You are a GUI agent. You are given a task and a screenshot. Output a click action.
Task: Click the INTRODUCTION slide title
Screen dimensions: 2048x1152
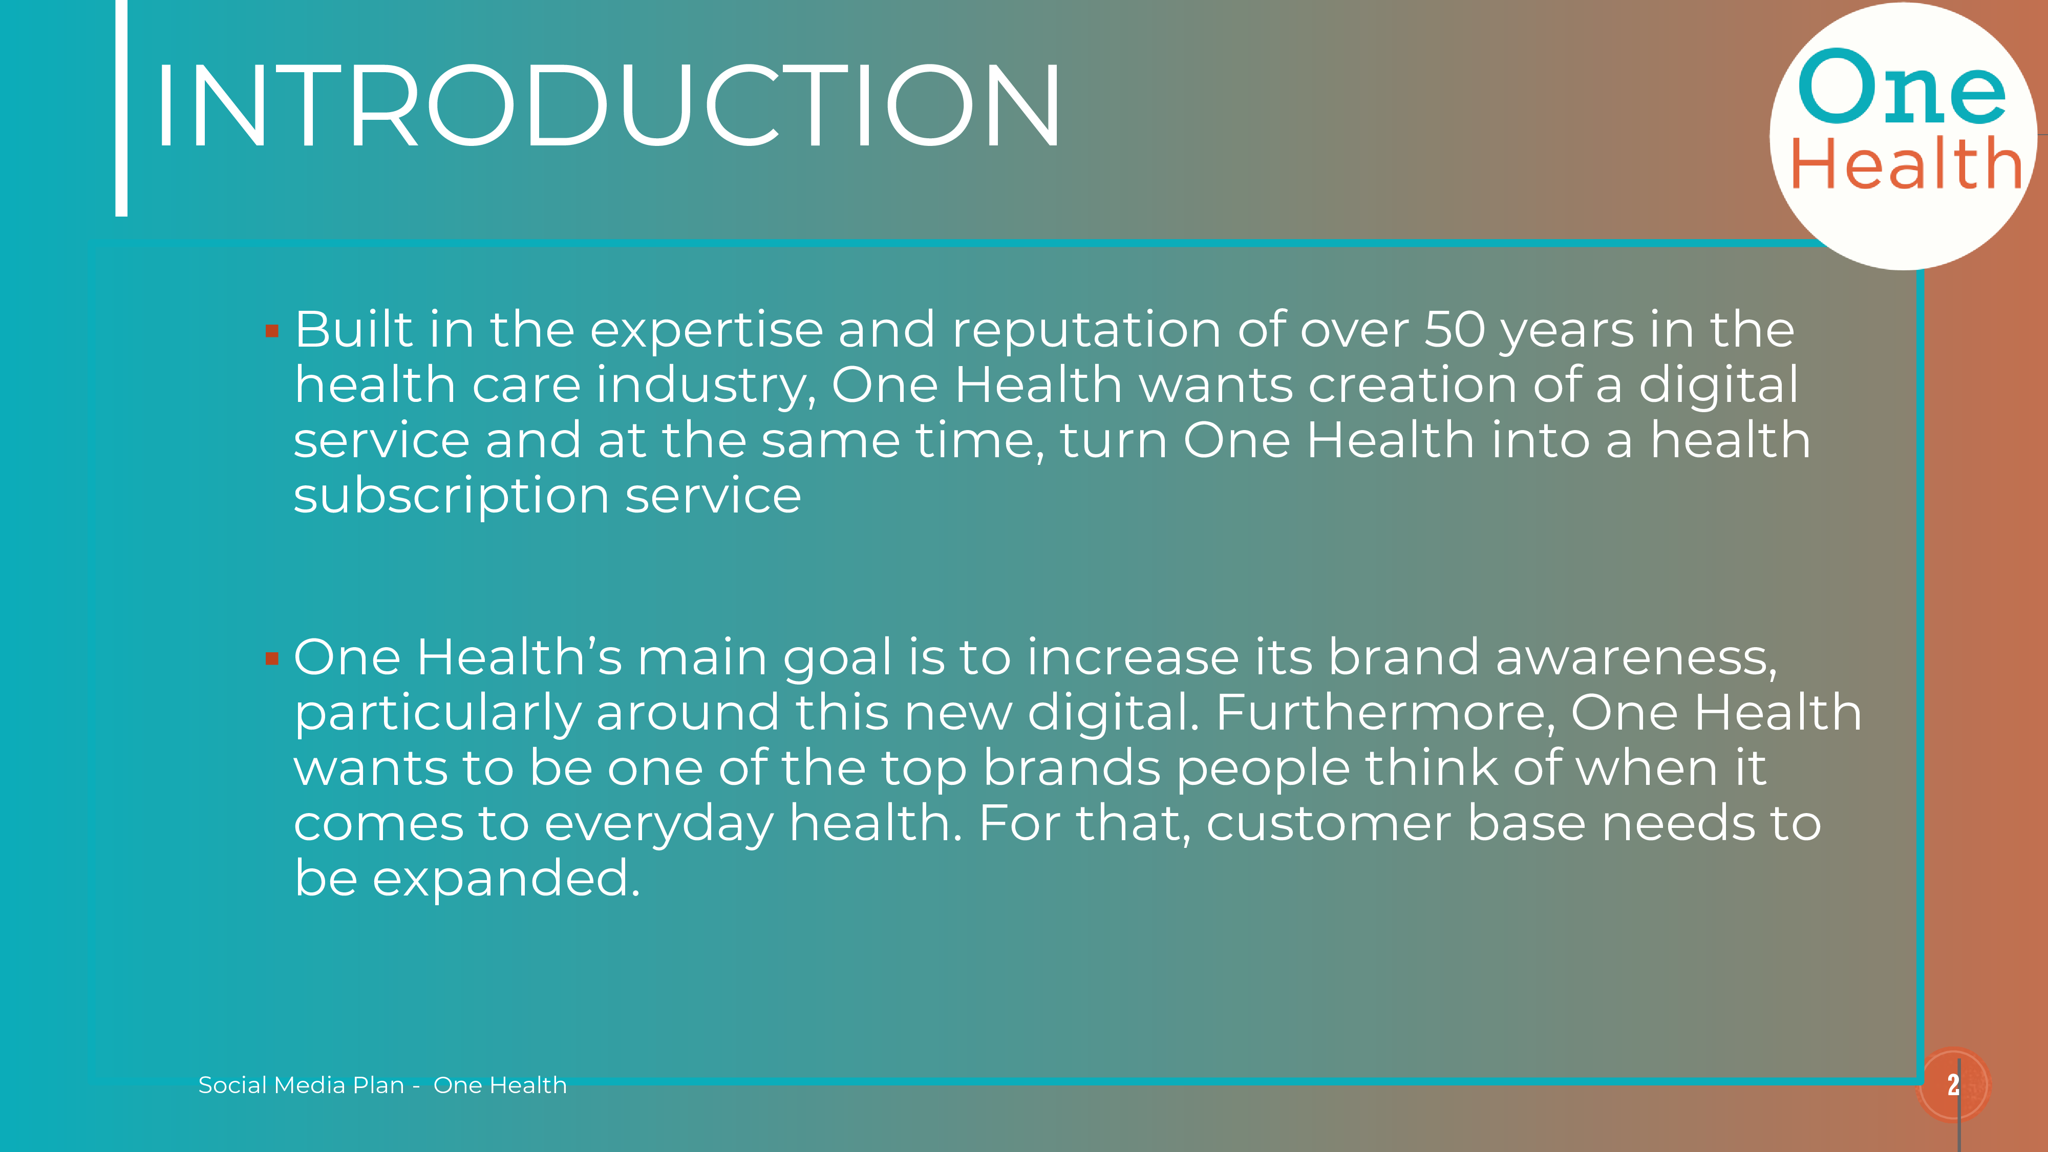[608, 106]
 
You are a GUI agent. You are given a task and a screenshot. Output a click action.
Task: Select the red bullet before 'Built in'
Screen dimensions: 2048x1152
[272, 331]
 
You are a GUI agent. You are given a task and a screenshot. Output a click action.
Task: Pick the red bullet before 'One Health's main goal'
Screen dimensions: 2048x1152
[272, 658]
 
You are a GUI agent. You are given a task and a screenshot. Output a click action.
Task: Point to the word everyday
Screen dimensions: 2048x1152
[659, 824]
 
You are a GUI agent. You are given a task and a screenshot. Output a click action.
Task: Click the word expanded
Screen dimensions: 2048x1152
[506, 879]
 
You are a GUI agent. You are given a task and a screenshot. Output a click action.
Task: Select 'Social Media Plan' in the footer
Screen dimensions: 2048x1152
[302, 1085]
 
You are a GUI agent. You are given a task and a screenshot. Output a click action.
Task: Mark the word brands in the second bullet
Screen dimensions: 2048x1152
[1072, 769]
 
